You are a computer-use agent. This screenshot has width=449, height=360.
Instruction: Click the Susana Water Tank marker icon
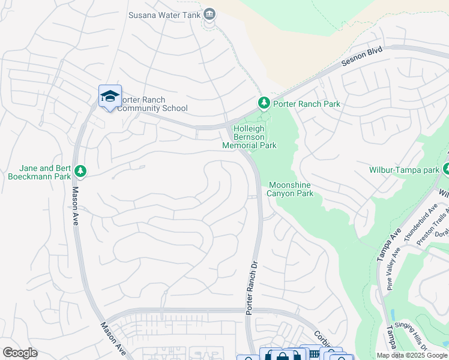[209, 14]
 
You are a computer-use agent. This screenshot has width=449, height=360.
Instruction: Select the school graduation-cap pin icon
[110, 96]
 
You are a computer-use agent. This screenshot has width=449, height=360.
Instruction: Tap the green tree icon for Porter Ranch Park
[263, 104]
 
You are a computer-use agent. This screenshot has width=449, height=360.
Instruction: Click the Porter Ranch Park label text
[306, 104]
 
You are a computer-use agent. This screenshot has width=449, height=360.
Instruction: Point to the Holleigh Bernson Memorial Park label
[249, 137]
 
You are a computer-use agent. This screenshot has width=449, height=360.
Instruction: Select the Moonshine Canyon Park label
[291, 190]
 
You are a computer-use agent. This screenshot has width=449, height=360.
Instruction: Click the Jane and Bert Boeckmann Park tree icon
[80, 172]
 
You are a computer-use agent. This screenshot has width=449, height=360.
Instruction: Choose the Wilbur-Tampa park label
[404, 170]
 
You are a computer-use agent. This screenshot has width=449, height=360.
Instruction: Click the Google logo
[20, 353]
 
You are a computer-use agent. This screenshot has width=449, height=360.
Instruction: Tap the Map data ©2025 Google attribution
[411, 355]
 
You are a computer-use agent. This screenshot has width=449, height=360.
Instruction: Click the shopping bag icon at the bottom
[281, 355]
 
